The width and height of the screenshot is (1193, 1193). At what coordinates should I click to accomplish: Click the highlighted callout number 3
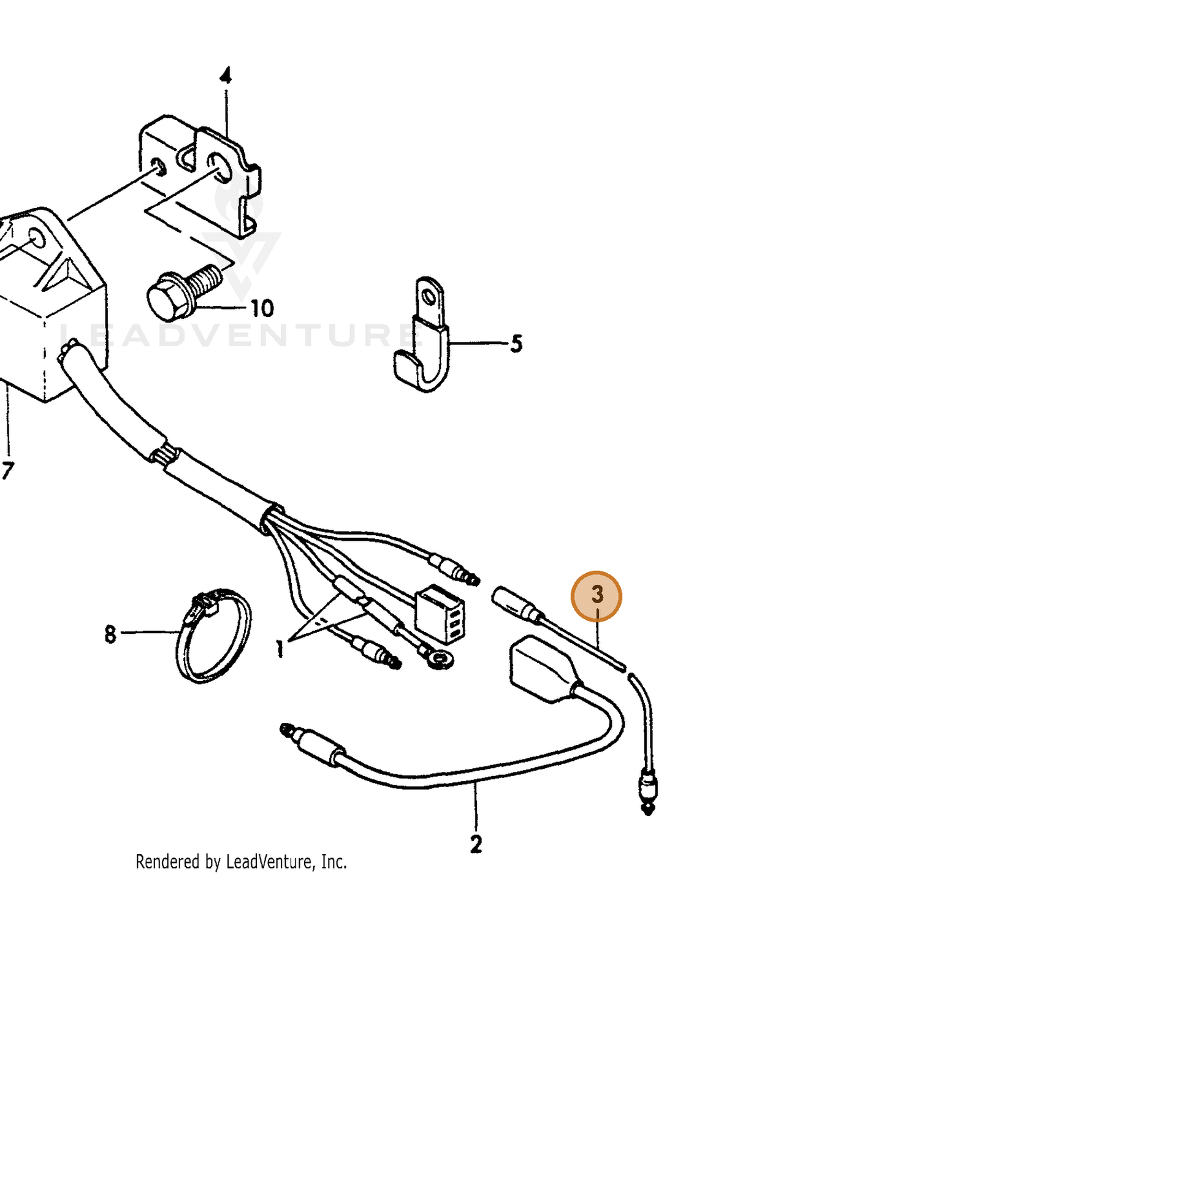tap(596, 595)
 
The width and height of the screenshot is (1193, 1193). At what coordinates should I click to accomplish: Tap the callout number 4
tap(226, 77)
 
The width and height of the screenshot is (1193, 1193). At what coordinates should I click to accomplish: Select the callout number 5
tap(516, 344)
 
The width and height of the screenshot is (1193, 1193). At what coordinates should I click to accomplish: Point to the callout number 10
tap(261, 308)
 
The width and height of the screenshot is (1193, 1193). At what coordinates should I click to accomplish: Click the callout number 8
tap(110, 634)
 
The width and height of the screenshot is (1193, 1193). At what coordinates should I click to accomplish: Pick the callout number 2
tap(476, 844)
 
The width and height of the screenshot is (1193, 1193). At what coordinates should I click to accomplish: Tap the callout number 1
tap(280, 649)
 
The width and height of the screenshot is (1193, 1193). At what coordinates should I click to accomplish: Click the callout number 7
tap(7, 471)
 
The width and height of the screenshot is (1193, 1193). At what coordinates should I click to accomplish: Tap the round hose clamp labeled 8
tap(213, 638)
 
